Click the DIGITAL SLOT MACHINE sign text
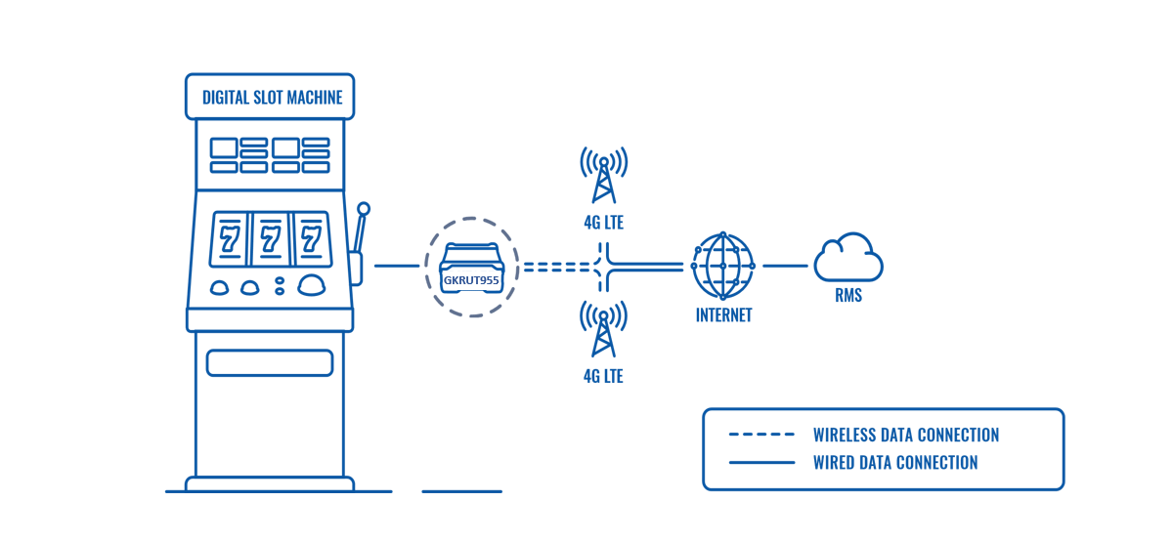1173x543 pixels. click(272, 98)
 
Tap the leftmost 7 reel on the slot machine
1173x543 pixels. click(230, 238)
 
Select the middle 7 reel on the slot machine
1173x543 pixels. click(271, 238)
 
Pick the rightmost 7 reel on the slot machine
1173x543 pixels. click(312, 238)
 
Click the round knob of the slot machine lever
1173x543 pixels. click(364, 209)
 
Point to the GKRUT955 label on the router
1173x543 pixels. click(472, 279)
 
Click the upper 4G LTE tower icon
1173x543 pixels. click(603, 176)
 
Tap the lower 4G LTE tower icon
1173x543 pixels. click(603, 330)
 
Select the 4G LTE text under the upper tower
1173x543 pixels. click(603, 224)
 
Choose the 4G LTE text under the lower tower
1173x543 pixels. click(603, 376)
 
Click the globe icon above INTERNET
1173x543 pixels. click(723, 266)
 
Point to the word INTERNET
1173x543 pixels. click(723, 315)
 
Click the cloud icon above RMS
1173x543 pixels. click(848, 260)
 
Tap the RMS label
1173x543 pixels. click(848, 295)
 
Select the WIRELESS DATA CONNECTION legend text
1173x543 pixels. click(905, 436)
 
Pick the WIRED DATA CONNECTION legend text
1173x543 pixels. click(894, 463)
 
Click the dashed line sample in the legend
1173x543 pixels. click(761, 436)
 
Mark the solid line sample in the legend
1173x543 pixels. click(761, 463)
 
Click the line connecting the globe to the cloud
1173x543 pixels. click(785, 266)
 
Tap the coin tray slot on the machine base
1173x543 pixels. click(270, 363)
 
